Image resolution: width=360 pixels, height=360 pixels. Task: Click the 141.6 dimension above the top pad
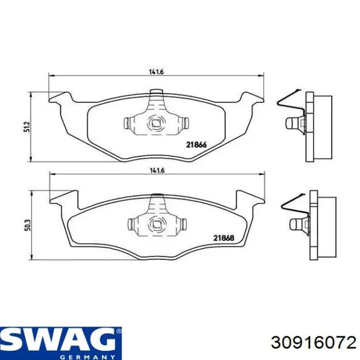click(x=156, y=72)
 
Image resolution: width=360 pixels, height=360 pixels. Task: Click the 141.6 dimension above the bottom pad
click(x=157, y=171)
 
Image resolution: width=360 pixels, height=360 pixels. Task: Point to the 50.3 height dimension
click(x=28, y=225)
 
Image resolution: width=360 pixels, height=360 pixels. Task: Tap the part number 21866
click(x=196, y=145)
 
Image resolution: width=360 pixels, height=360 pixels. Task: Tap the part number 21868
click(x=224, y=238)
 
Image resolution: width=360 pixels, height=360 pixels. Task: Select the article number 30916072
click(x=314, y=343)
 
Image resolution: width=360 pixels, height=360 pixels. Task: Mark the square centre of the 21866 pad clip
click(x=156, y=123)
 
